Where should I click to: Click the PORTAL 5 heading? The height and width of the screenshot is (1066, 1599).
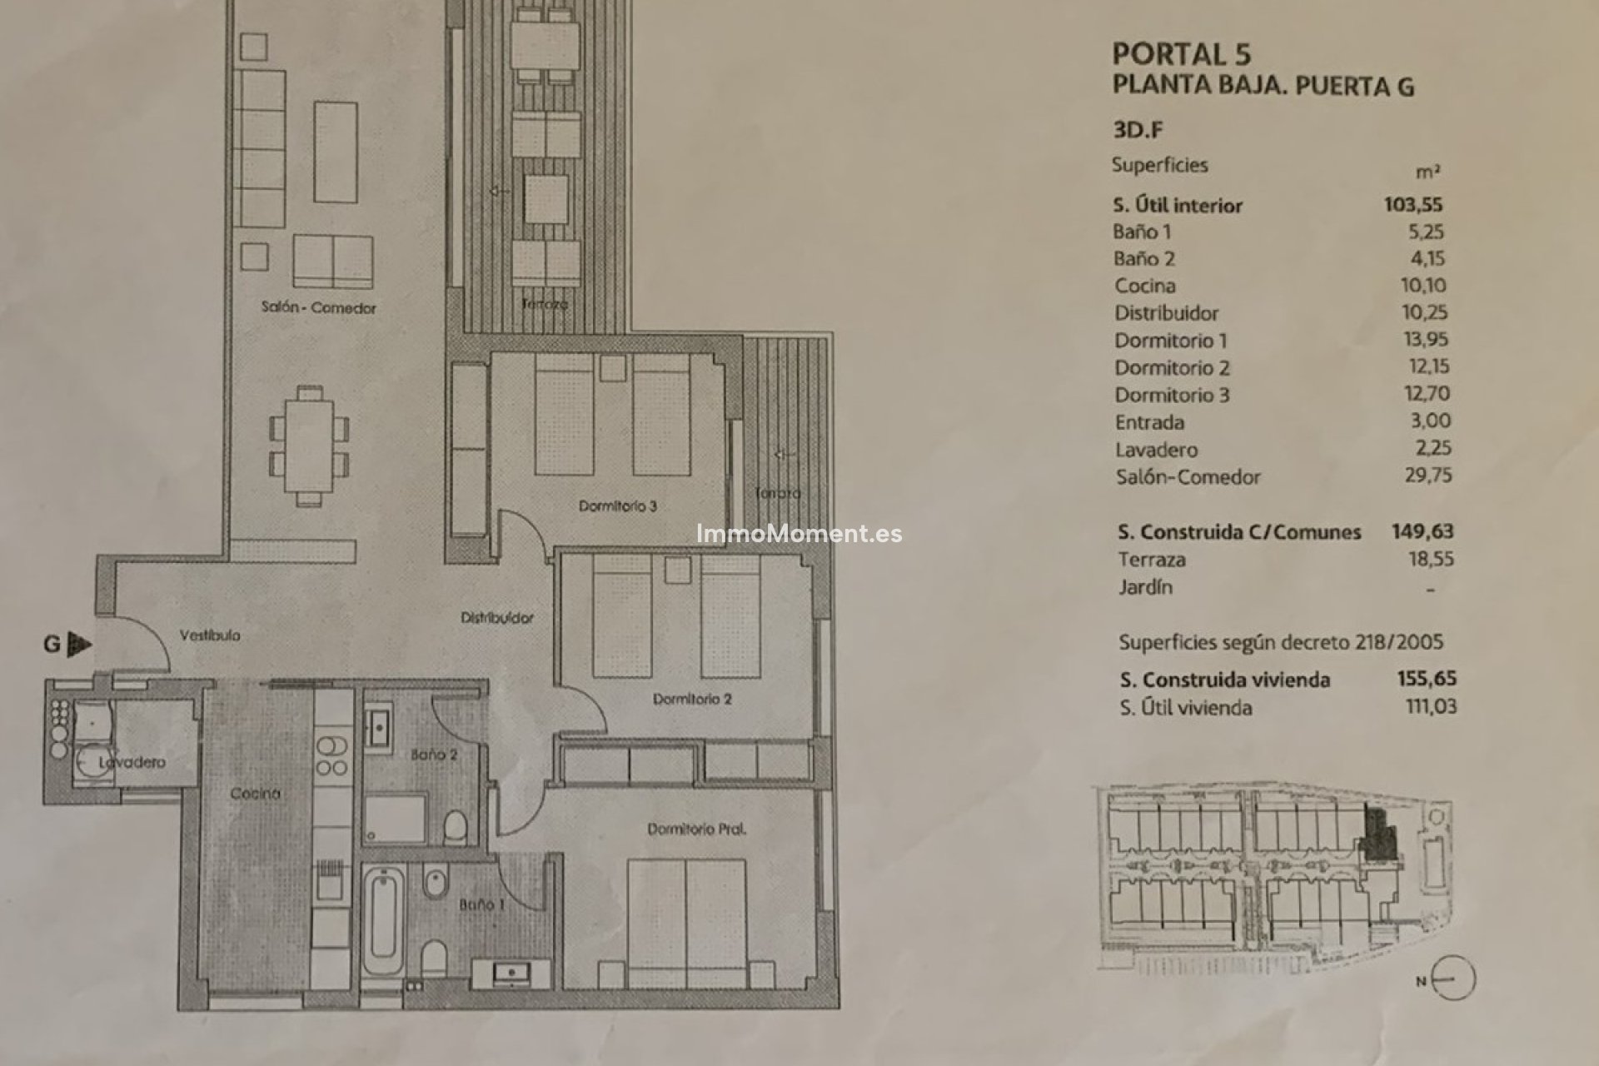click(1181, 54)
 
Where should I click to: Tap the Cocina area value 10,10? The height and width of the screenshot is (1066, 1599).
click(1423, 285)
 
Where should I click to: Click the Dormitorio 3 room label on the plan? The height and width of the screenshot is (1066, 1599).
click(617, 506)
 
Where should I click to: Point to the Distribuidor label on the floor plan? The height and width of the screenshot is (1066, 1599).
click(497, 618)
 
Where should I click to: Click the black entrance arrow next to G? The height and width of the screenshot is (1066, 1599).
click(79, 644)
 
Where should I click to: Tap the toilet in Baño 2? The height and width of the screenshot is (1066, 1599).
click(455, 828)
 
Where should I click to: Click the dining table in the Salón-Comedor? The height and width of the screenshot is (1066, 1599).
click(309, 446)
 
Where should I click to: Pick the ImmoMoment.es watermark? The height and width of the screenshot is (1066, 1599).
click(799, 534)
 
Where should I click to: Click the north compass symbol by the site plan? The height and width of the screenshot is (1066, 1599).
click(1453, 979)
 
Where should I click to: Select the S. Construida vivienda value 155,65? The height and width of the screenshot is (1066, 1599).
click(1427, 679)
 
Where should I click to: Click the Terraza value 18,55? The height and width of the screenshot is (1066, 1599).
click(1431, 559)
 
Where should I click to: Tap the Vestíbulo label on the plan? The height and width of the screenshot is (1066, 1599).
click(210, 635)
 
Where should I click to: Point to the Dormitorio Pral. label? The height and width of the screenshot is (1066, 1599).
click(696, 829)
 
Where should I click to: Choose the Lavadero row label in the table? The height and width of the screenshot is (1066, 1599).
click(1156, 450)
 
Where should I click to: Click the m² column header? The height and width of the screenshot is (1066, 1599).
click(1427, 172)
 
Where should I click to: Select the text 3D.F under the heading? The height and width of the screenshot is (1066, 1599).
click(1138, 130)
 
